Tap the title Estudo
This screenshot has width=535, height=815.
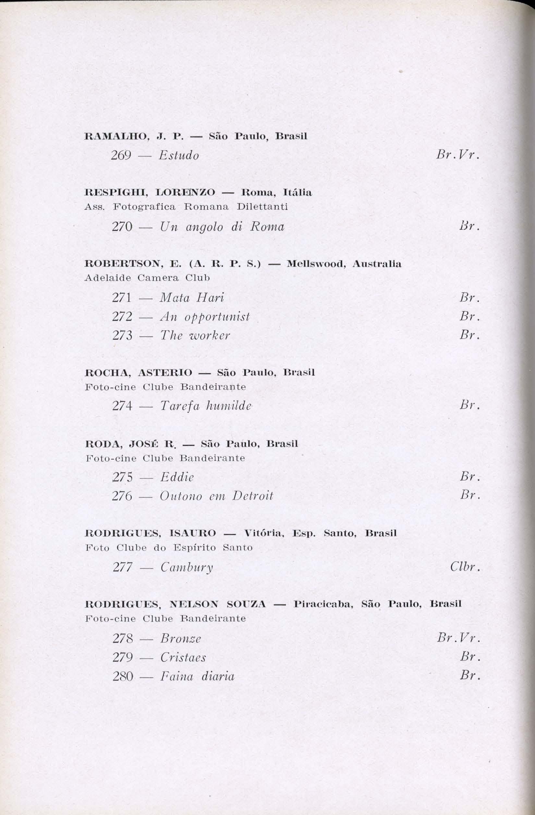pyautogui.click(x=179, y=156)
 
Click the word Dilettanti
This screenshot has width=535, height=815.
pyautogui.click(x=262, y=207)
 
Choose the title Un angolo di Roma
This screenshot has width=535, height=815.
pyautogui.click(x=222, y=227)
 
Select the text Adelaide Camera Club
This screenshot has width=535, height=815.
pyautogui.click(x=147, y=278)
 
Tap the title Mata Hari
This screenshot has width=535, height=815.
pyautogui.click(x=192, y=298)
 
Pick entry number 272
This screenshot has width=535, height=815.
pyautogui.click(x=122, y=317)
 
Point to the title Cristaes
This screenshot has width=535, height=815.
pyautogui.click(x=183, y=658)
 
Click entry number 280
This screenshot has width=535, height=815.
pyautogui.click(x=122, y=676)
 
